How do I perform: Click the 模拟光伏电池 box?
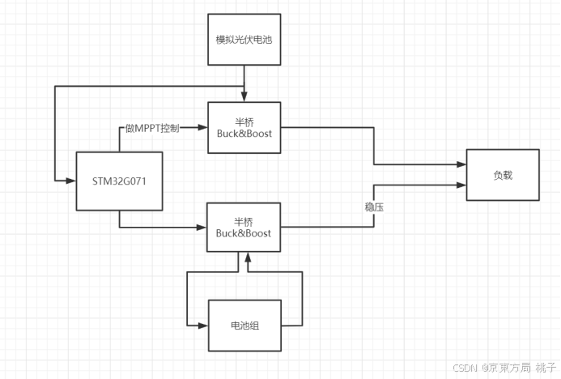pyautogui.click(x=244, y=39)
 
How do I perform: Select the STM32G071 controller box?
pyautogui.click(x=119, y=181)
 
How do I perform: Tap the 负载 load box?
pyautogui.click(x=502, y=175)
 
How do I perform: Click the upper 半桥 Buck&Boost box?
pyautogui.click(x=244, y=126)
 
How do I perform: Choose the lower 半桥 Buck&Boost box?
pyautogui.click(x=244, y=227)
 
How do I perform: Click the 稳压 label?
pyautogui.click(x=374, y=208)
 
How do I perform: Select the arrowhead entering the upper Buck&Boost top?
pyautogui.click(x=244, y=98)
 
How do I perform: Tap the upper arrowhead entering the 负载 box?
pyautogui.click(x=462, y=164)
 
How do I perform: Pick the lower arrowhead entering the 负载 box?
pyautogui.click(x=462, y=185)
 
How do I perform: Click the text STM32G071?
pyautogui.click(x=119, y=181)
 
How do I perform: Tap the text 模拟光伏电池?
pyautogui.click(x=244, y=39)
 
